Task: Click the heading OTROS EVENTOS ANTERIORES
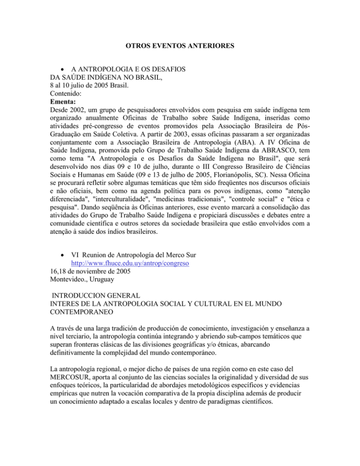[x=180, y=47]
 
